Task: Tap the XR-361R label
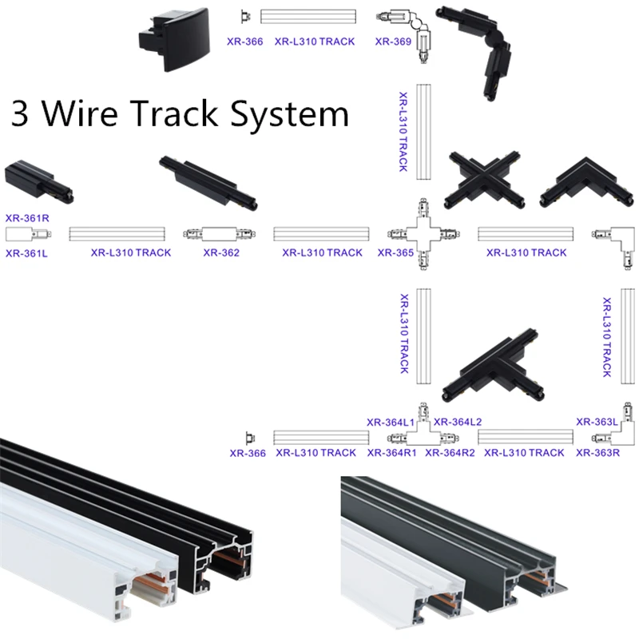pyautogui.click(x=27, y=216)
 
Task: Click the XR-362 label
pyautogui.click(x=220, y=253)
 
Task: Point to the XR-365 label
pyautogui.click(x=395, y=253)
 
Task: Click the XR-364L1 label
pyautogui.click(x=390, y=422)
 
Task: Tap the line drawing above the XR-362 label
pyautogui.click(x=220, y=234)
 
